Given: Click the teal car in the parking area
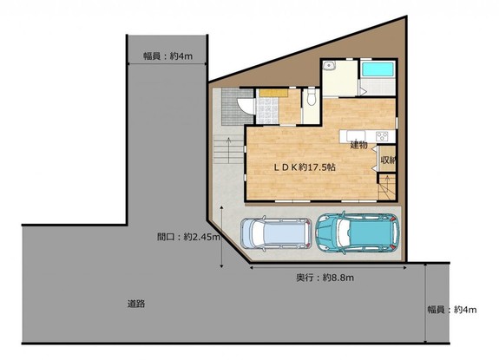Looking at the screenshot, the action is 357,232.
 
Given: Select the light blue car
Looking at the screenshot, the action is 276,233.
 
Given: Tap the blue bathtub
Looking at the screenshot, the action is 378,69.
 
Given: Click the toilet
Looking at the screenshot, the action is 312,97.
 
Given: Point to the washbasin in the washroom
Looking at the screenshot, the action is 328,66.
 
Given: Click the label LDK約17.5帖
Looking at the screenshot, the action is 305,167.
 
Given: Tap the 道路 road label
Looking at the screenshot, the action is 136,304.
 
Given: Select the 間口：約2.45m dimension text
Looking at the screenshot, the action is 188,237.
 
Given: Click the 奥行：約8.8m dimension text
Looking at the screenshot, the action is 325,278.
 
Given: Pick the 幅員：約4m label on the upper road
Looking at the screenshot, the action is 167,56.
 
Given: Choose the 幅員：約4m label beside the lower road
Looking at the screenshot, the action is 452,310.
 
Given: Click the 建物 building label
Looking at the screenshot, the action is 359,145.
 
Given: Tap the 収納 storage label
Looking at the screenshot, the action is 388,160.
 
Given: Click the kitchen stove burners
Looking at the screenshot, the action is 382,136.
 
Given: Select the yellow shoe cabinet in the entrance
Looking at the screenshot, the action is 273,93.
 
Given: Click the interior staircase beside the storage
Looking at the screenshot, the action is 387,187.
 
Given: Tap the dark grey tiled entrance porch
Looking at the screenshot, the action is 238,107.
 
